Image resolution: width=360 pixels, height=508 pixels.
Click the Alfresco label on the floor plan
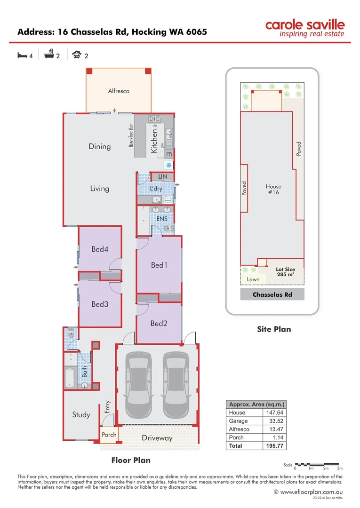click(119, 91)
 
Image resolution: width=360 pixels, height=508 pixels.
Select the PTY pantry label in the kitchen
click(169, 154)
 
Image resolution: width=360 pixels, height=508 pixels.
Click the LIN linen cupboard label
click(162, 176)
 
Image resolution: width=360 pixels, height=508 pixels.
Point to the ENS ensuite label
click(162, 219)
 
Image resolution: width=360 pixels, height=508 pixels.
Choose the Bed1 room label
click(159, 265)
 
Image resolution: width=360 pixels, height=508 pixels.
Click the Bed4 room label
click(100, 249)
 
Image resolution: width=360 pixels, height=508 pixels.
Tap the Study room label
click(81, 414)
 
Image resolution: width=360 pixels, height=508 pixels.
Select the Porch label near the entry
click(109, 435)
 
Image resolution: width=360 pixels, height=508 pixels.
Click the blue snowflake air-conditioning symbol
click(168, 165)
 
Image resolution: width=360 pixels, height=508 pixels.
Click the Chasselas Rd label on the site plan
click(272, 295)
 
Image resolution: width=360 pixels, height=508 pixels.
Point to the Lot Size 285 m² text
click(285, 272)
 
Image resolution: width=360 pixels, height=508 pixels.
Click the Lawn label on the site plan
click(253, 279)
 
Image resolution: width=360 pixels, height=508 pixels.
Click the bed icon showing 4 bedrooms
click(22, 56)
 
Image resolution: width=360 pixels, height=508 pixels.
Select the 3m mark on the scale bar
click(340, 468)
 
